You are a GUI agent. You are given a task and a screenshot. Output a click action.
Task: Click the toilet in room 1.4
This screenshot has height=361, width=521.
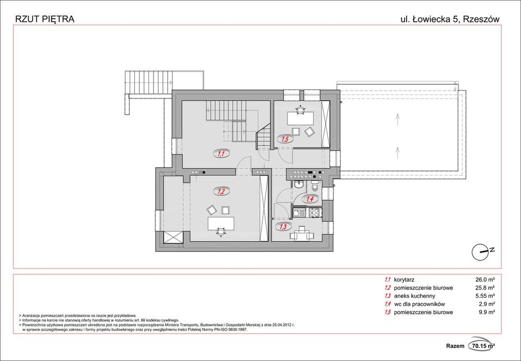[315, 188]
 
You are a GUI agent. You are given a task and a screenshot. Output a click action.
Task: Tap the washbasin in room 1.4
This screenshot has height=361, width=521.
[299, 185]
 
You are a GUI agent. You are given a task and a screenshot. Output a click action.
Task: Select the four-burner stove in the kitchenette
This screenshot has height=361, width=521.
[314, 213]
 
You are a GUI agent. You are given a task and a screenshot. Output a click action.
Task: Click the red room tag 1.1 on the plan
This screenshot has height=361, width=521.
[220, 154]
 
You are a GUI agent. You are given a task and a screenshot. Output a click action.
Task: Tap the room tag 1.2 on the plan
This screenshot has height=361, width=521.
[220, 192]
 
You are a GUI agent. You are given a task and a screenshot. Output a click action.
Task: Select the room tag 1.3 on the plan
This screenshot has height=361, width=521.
[283, 227]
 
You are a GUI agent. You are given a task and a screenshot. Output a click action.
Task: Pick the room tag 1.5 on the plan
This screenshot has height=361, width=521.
[286, 139]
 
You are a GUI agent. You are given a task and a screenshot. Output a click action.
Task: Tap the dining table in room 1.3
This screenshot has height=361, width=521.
[302, 235]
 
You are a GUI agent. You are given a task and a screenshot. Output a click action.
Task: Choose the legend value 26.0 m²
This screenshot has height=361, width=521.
[484, 279]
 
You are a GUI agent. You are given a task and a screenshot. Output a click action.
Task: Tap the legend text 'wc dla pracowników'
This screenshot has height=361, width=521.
[420, 304]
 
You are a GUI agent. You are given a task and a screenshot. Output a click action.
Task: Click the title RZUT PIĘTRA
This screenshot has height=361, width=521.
[45, 19]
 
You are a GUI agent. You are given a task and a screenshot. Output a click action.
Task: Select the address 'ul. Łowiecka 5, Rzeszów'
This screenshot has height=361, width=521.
[449, 19]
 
